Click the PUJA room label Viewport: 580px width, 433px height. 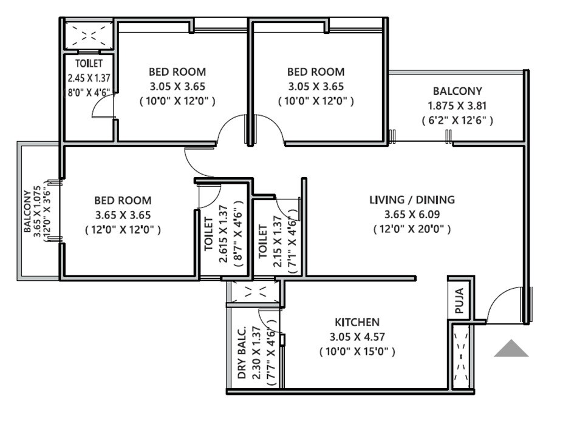[459, 300]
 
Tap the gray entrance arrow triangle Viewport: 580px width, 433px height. [511, 349]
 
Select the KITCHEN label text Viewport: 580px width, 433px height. [357, 322]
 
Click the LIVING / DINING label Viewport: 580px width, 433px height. [412, 200]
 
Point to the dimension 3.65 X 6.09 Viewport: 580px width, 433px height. [412, 214]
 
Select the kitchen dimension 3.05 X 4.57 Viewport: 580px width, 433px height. [357, 337]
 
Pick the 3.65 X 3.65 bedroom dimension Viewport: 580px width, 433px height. [123, 215]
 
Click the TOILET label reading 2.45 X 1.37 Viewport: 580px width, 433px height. [89, 63]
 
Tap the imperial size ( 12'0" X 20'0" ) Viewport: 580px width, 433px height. [412, 229]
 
